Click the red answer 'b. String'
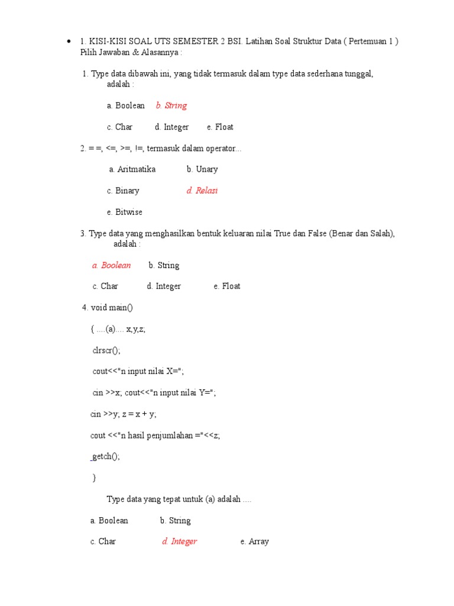point(171,105)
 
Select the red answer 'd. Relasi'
point(202,191)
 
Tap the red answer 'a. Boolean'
point(111,265)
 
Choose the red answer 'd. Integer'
point(179,541)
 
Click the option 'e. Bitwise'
point(125,212)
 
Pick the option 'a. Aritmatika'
point(132,169)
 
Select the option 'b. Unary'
point(202,169)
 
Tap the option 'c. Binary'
point(123,191)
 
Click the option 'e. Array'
point(254,541)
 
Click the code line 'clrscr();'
point(106,350)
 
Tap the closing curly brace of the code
point(94,478)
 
